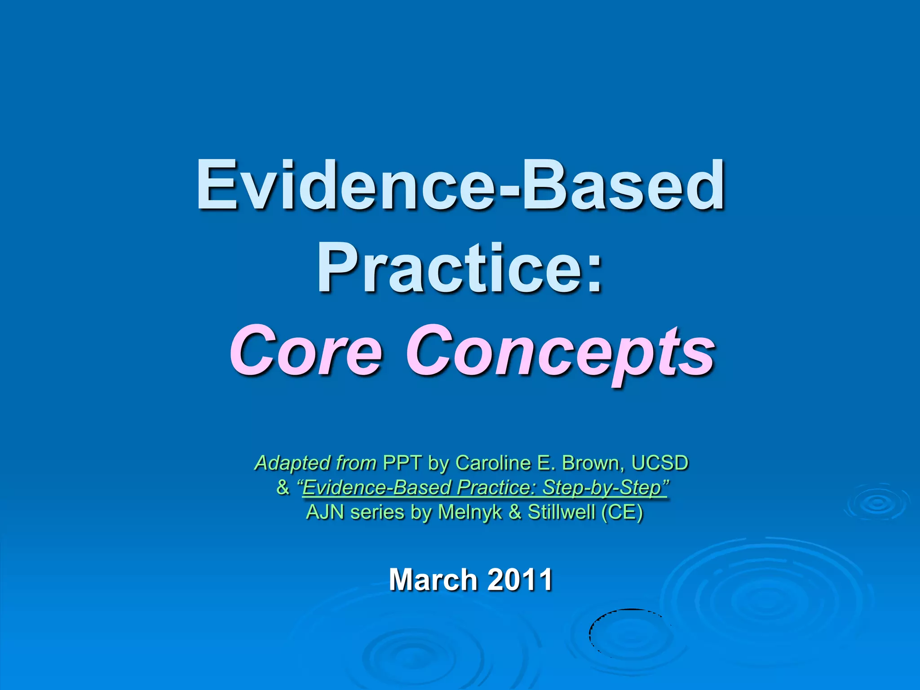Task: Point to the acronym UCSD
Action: [x=659, y=463]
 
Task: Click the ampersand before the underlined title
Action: [x=283, y=487]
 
